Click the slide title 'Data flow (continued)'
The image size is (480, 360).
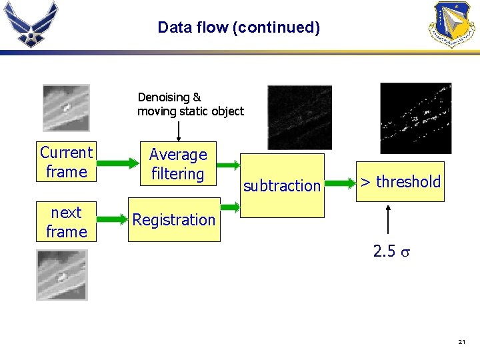239,27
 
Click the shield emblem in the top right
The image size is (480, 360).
454,24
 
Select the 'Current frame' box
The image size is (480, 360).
66,162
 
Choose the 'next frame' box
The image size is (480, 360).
66,222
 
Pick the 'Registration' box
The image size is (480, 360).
174,219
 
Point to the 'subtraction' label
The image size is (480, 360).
281,186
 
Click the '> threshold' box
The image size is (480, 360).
400,181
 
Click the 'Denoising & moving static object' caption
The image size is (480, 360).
190,104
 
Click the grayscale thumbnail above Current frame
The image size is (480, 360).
65,107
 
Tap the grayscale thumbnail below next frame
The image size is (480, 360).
61,275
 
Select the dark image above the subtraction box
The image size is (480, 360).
299,117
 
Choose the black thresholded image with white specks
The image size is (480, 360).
415,118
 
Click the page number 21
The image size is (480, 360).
461,342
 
